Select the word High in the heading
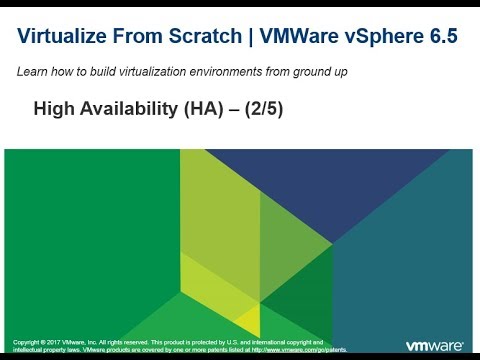click(53, 111)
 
